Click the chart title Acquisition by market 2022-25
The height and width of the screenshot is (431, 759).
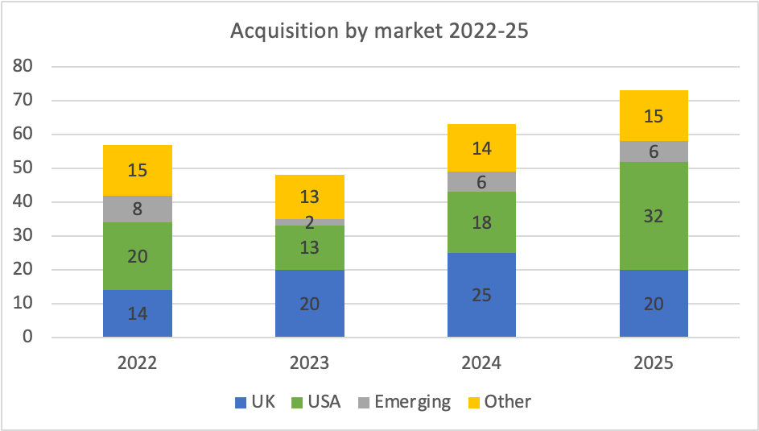[379, 31]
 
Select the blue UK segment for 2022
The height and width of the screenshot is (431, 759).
[138, 313]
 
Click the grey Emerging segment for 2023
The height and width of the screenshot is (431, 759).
[310, 222]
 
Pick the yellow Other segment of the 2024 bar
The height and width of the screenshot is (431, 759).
[481, 147]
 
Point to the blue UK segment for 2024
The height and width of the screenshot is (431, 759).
[481, 295]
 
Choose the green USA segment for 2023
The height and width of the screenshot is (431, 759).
[310, 247]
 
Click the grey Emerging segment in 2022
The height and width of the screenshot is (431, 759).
[138, 209]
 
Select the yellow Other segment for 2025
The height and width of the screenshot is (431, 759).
[654, 116]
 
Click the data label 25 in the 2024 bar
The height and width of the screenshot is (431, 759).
[481, 295]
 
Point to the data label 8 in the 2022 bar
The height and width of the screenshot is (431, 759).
[138, 209]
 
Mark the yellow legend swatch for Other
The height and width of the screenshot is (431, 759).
[472, 401]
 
